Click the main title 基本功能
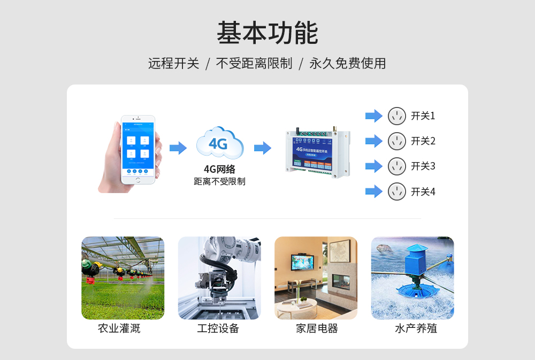[x=267, y=33]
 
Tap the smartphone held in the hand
[x=137, y=149]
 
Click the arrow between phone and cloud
[x=178, y=148]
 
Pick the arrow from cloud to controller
[x=263, y=148]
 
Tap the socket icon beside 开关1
[x=396, y=116]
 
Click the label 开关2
[x=423, y=141]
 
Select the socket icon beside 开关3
[x=396, y=166]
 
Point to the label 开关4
[x=423, y=192]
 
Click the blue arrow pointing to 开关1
[x=373, y=116]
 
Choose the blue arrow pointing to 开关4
[x=373, y=191]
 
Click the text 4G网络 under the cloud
[x=219, y=170]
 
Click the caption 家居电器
[x=317, y=328]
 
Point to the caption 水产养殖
[x=416, y=328]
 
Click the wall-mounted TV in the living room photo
[x=302, y=262]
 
